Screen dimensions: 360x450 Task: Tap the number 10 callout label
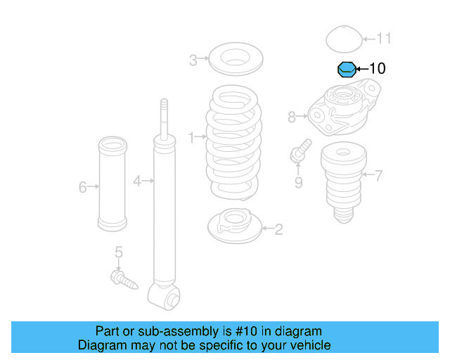[x=378, y=68]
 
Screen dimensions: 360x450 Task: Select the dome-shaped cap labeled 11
[x=343, y=39]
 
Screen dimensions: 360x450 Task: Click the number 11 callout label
[x=384, y=39]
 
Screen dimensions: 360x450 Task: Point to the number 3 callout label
[x=193, y=60]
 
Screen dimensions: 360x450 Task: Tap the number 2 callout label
[x=278, y=229]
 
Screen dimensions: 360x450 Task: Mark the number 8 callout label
[x=292, y=117]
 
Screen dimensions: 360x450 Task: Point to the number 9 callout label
[x=298, y=183]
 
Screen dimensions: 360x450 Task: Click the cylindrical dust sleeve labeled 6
[x=112, y=186]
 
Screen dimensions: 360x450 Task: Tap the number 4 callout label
[x=138, y=181]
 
